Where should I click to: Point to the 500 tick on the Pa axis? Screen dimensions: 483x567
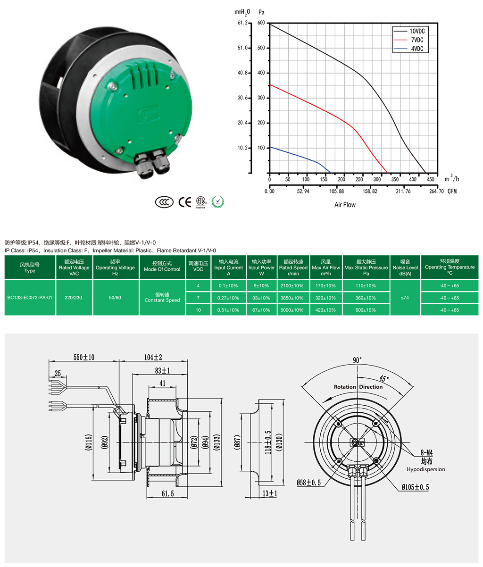(x=261, y=48)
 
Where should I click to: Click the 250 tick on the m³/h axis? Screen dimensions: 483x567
(x=359, y=179)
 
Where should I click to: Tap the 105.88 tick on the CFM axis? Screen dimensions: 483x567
(x=336, y=191)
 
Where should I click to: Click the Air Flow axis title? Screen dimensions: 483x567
(x=345, y=205)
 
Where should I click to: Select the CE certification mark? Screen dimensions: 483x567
(x=184, y=202)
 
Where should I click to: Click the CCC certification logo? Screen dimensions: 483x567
(x=164, y=202)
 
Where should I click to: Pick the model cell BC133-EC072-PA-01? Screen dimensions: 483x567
(x=30, y=298)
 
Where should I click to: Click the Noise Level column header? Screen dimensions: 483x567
(x=405, y=267)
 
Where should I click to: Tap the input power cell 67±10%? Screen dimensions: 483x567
(x=261, y=310)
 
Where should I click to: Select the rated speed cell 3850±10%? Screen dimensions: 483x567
(x=292, y=298)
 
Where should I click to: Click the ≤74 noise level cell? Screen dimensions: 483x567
(x=405, y=298)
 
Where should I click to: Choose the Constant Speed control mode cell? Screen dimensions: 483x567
(x=162, y=297)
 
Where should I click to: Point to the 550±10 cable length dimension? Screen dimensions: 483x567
(x=84, y=357)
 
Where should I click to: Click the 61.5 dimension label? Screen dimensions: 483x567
(x=167, y=494)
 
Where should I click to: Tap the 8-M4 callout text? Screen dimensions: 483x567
(x=426, y=453)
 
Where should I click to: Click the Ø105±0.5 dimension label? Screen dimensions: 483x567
(x=415, y=487)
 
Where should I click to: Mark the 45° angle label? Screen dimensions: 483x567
(x=384, y=379)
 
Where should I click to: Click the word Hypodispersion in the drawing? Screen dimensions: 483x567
(x=425, y=469)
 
